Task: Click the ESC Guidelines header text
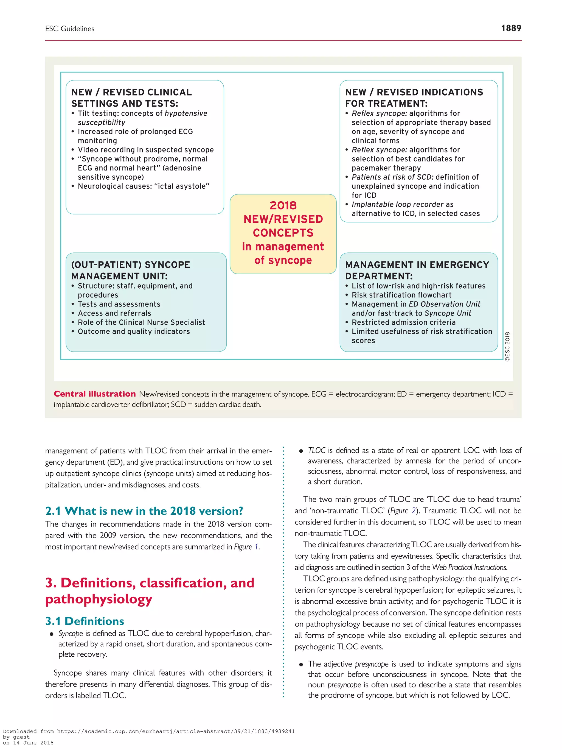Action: pyautogui.click(x=70, y=29)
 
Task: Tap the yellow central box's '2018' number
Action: pyautogui.click(x=283, y=205)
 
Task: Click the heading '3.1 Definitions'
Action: pyautogui.click(x=85, y=621)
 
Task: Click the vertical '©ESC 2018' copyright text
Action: pyautogui.click(x=507, y=347)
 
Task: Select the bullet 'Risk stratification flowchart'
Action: pyautogui.click(x=401, y=295)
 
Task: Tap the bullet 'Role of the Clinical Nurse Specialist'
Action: pyautogui.click(x=141, y=322)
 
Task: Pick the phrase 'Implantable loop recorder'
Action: pyautogui.click(x=397, y=204)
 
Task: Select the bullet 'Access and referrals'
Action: pyautogui.click(x=114, y=313)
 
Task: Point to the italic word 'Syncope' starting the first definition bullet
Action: pyautogui.click(x=71, y=633)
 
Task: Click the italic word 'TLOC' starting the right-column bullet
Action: pyautogui.click(x=316, y=450)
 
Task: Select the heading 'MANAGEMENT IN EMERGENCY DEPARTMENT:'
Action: pyautogui.click(x=417, y=270)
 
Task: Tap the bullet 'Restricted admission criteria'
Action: pyautogui.click(x=403, y=322)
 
